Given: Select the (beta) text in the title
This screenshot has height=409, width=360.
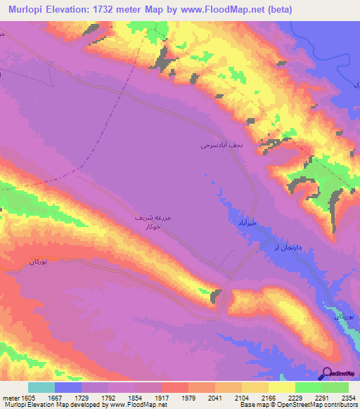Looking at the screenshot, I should click(x=255, y=9).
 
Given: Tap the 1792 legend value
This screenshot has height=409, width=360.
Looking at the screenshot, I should click(x=108, y=397).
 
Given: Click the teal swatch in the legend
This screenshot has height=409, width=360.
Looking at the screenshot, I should click(x=41, y=387).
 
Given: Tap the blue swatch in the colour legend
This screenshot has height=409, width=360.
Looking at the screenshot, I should click(x=68, y=387).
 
